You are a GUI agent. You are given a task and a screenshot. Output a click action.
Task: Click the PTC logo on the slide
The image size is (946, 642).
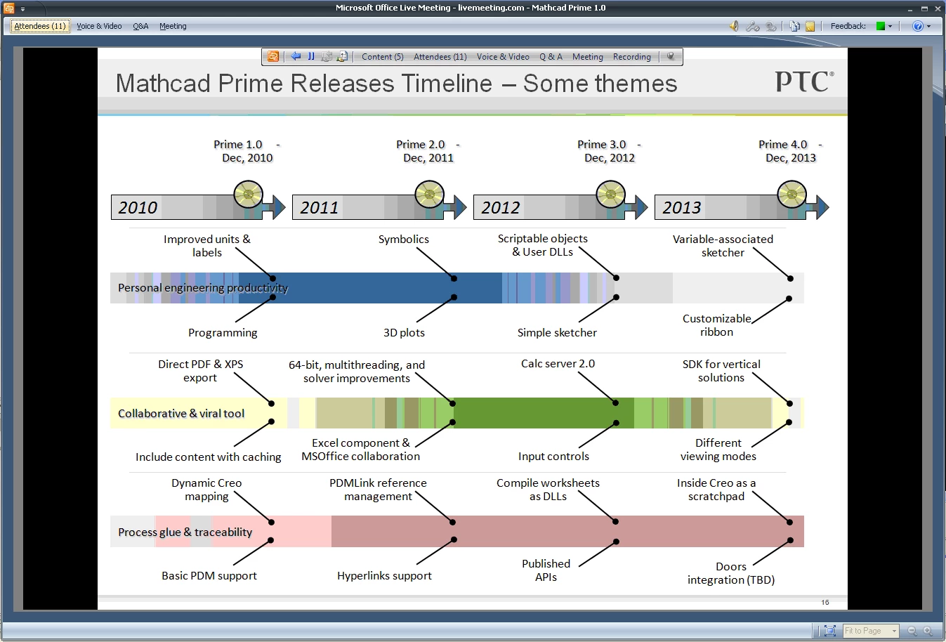click(804, 81)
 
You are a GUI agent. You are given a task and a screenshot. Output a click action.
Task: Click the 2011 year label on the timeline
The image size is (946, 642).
click(319, 208)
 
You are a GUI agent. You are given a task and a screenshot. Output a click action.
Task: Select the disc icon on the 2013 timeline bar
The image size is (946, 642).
click(791, 195)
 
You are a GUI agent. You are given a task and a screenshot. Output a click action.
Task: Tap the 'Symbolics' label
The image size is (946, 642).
click(403, 240)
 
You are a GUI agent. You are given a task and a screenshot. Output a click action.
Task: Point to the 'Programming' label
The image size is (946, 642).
click(222, 333)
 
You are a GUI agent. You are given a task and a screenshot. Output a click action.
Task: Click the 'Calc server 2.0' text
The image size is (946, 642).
click(558, 364)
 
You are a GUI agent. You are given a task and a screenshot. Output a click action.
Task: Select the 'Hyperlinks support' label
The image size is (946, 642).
click(384, 576)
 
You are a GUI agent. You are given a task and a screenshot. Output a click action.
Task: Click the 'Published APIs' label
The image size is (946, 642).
click(546, 570)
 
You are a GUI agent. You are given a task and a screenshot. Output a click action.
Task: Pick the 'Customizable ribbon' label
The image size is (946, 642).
click(716, 325)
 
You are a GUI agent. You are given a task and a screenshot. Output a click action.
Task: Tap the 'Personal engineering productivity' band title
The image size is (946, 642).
click(202, 288)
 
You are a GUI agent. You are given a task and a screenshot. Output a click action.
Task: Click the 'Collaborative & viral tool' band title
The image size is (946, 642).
click(181, 414)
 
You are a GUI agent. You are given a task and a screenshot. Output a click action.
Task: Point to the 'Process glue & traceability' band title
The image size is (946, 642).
click(185, 532)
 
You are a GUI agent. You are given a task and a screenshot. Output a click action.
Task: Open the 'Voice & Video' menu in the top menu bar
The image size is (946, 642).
click(99, 26)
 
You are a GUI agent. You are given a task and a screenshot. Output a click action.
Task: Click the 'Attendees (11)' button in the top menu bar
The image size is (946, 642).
click(40, 26)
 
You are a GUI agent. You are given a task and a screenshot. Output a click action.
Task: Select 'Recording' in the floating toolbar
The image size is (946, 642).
click(631, 57)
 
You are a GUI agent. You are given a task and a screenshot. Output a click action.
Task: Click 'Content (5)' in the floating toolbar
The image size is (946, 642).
click(382, 57)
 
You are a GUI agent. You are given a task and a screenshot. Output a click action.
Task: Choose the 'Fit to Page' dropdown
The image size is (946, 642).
click(870, 631)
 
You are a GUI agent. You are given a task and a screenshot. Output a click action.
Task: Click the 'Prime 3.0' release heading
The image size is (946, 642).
click(601, 145)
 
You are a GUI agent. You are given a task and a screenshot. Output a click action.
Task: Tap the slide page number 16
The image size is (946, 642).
click(825, 603)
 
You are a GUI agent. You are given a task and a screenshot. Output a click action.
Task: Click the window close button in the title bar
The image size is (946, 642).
click(938, 8)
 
